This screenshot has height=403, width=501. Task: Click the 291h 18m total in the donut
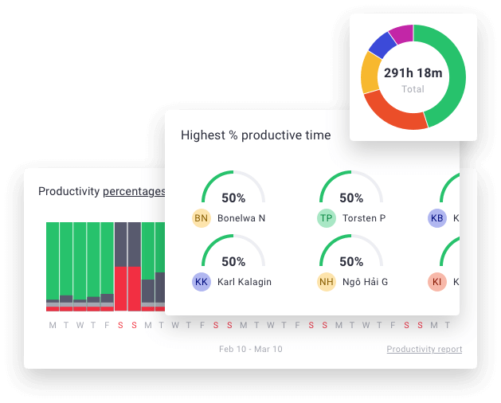click(413, 73)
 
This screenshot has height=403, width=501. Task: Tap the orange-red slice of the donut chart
click(390, 115)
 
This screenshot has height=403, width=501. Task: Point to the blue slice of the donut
click(382, 45)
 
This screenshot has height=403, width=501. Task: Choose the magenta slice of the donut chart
click(401, 34)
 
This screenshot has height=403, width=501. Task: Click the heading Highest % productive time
click(255, 135)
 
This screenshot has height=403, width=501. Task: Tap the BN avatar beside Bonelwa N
click(202, 218)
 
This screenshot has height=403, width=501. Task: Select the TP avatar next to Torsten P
click(326, 218)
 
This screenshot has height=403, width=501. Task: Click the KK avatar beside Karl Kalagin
click(202, 282)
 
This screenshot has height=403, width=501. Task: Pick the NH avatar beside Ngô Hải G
click(326, 282)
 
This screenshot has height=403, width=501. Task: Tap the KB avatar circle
click(436, 218)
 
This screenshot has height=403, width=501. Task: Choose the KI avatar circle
click(436, 282)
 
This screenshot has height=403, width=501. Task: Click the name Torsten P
click(364, 218)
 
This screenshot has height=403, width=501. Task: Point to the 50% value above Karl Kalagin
click(233, 261)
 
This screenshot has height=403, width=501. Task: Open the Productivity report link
click(424, 349)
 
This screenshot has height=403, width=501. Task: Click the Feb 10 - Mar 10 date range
click(250, 349)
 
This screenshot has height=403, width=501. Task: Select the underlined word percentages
click(134, 191)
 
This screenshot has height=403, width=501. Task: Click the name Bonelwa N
click(241, 218)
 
